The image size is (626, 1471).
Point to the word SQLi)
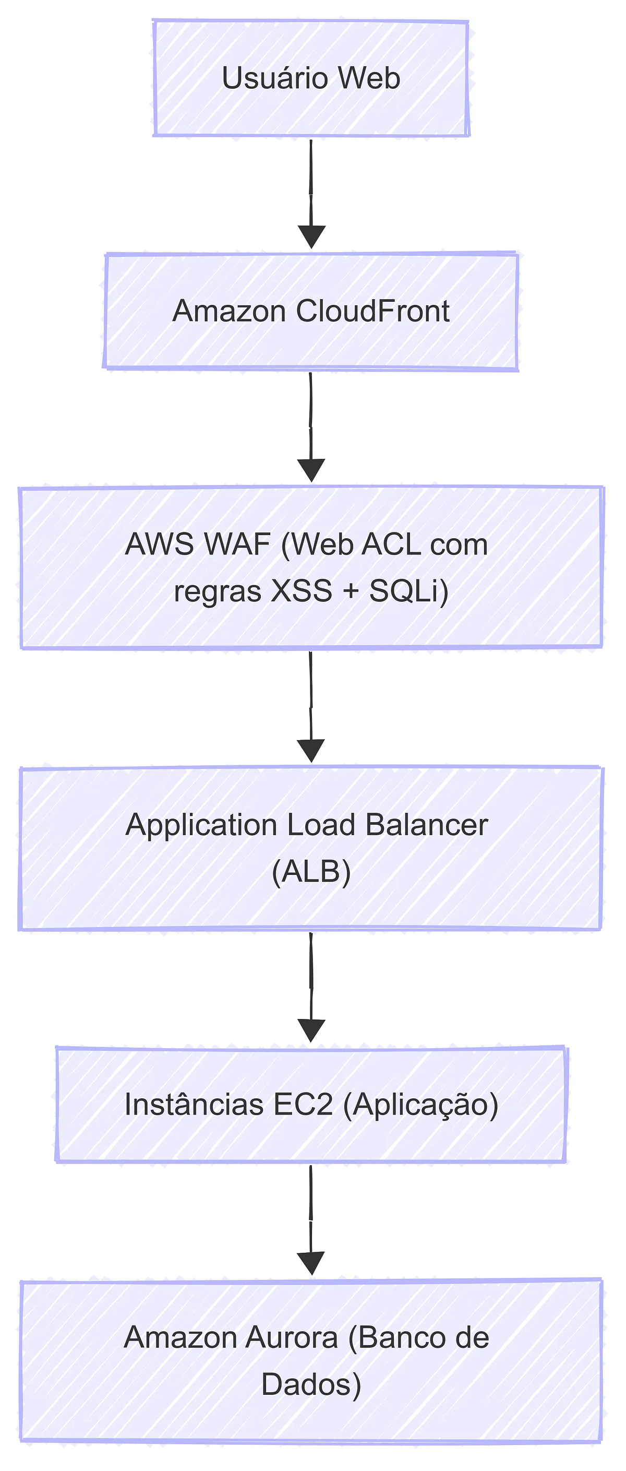[408, 591]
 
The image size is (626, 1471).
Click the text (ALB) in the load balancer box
[311, 871]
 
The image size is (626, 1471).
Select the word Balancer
[426, 825]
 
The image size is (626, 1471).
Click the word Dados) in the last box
[311, 1384]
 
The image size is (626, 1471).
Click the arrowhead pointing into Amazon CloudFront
[311, 236]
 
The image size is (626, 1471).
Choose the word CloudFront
[372, 311]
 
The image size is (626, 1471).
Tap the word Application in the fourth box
[201, 825]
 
